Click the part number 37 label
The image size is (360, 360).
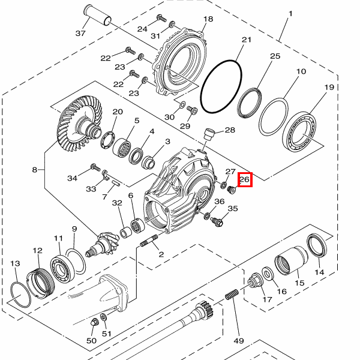coord(81,33)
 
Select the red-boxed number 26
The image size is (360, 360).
coord(244,179)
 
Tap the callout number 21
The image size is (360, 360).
coord(245,40)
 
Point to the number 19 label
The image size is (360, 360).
coord(329,88)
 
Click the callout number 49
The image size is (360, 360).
coord(239,341)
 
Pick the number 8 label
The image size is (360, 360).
coord(34,170)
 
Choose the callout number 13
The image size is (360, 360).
coord(16,263)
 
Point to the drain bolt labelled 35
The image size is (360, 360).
coord(218,221)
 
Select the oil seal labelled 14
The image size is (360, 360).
coord(317,246)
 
